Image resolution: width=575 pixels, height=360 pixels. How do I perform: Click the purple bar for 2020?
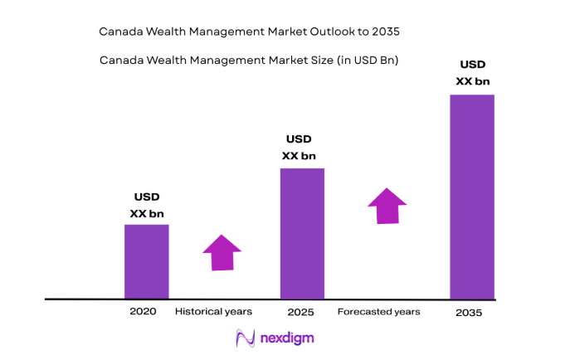146,261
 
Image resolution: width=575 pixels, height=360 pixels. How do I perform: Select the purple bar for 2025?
302,233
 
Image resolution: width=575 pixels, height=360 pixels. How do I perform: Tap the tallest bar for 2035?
472,197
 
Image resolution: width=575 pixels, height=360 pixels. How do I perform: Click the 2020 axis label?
143,312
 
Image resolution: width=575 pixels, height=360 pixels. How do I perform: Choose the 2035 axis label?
469,313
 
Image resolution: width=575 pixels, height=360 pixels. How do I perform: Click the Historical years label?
213,312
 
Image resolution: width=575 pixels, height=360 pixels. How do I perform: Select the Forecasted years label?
378,312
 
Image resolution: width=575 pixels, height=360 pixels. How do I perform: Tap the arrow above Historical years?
222,252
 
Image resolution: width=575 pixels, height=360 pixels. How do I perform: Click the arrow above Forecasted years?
387,205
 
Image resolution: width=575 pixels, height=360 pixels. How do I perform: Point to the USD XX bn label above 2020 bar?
147,206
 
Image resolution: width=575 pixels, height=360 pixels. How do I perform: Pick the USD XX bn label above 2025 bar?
299,148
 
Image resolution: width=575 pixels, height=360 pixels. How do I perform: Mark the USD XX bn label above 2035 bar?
473,72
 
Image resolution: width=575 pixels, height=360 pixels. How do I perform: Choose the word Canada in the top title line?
119,32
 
